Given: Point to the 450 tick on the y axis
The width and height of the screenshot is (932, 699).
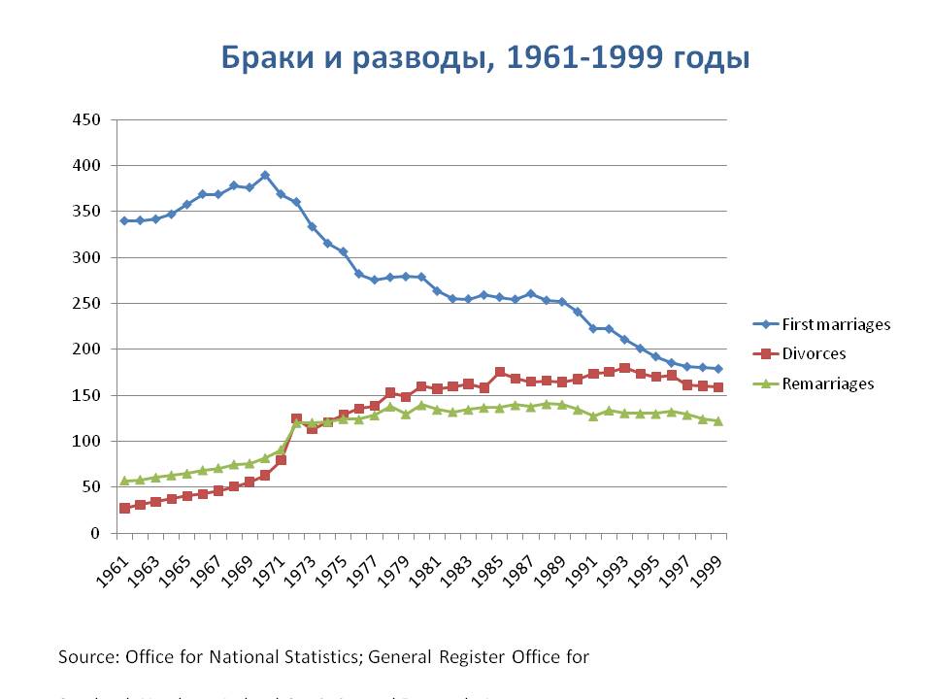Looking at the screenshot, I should tap(87, 120).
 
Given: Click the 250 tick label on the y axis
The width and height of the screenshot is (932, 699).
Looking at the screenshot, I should tap(87, 304).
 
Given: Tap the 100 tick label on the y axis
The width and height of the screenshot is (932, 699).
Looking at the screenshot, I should tap(87, 442).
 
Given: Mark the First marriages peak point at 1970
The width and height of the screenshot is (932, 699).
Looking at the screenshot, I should tap(265, 176).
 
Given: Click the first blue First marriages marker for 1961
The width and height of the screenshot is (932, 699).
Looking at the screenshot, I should tap(124, 220).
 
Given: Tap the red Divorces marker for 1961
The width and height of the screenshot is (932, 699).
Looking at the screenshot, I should tap(124, 508).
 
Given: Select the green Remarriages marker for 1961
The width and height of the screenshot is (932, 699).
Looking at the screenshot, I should tap(124, 481).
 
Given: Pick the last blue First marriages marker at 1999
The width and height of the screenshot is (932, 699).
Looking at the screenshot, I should tap(717, 369).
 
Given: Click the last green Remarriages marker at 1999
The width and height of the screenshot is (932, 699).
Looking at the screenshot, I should tap(717, 421).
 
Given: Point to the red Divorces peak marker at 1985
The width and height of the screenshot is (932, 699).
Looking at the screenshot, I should tap(500, 372).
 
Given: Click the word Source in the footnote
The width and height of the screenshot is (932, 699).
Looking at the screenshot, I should tap(85, 657).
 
